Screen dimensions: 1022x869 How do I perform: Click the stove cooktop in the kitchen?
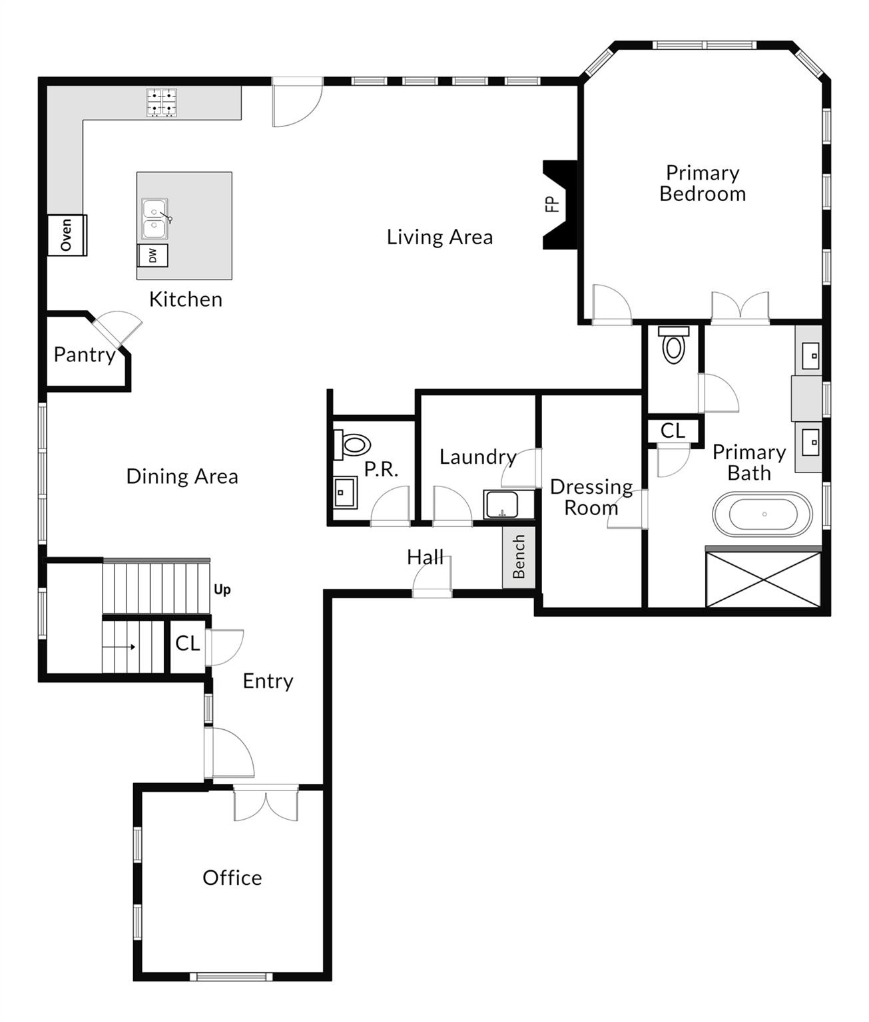coord(162,102)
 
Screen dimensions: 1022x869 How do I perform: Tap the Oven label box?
coord(67,235)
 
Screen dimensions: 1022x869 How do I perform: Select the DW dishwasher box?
coord(153,255)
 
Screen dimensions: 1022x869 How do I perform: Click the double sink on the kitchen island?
coord(154,220)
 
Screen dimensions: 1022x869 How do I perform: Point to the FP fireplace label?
coord(552,204)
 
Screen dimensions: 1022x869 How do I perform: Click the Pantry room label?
coord(84,355)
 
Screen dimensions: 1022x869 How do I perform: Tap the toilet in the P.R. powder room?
coord(352,444)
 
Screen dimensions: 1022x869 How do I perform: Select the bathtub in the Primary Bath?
coord(762,514)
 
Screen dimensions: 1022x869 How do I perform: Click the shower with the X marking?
coord(763,579)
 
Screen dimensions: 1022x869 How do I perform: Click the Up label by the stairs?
coord(222,590)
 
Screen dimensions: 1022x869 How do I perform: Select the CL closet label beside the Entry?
coord(187,643)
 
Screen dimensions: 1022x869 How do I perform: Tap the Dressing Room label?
coord(591,497)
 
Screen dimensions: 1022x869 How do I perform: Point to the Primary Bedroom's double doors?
coord(740,308)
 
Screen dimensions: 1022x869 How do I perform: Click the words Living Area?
coord(439,237)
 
